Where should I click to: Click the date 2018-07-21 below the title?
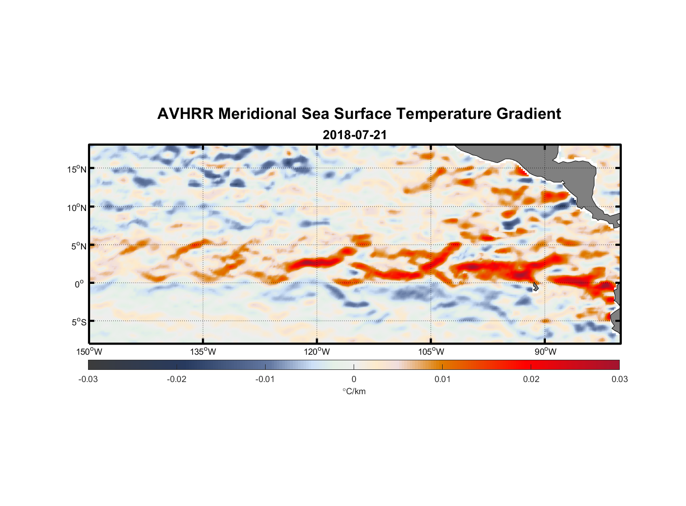click(355, 135)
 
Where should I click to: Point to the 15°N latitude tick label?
click(77, 169)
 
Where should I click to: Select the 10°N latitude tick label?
click(77, 207)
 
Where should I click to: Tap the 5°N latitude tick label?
click(78, 246)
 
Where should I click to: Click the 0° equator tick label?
click(79, 284)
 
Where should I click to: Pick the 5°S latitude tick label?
click(78, 322)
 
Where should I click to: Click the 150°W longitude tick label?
click(90, 352)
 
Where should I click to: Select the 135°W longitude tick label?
click(203, 352)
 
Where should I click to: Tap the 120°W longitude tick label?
click(317, 352)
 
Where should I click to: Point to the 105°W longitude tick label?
click(431, 352)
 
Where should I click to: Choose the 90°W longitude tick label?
click(545, 352)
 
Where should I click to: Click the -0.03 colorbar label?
click(88, 379)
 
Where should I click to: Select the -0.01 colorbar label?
click(265, 379)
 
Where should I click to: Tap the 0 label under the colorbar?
click(354, 379)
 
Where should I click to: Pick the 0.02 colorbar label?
click(531, 379)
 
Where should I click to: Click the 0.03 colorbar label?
click(620, 379)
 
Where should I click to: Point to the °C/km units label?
click(354, 391)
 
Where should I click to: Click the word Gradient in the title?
click(529, 114)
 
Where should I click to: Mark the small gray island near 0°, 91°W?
click(535, 286)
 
